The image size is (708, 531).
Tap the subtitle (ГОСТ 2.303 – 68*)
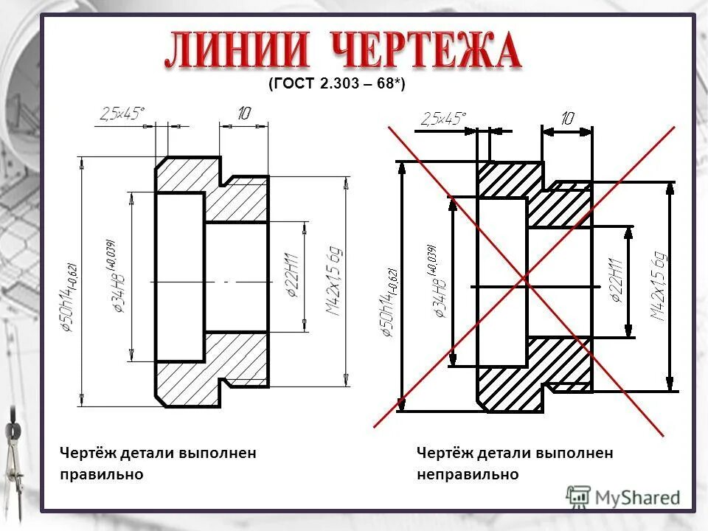336,85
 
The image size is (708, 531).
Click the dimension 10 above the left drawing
244,113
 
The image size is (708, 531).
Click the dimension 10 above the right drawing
567,118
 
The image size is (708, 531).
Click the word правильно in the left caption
102,474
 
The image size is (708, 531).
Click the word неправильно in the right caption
468,474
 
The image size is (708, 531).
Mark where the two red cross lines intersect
524,279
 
